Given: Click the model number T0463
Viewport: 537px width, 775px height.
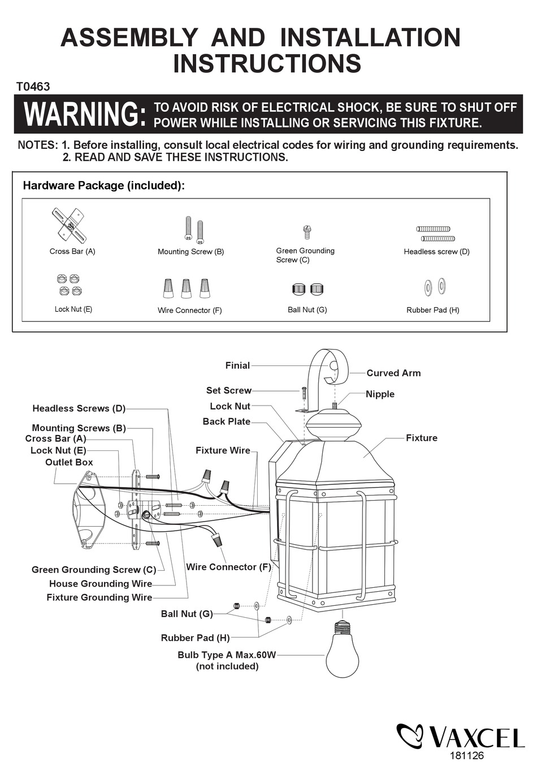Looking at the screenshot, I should (x=33, y=87).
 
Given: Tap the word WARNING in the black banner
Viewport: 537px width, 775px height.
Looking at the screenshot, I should (x=85, y=114).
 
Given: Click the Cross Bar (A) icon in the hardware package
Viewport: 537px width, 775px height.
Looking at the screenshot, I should (x=68, y=225).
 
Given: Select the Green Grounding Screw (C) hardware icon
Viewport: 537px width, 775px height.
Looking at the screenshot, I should (x=306, y=231).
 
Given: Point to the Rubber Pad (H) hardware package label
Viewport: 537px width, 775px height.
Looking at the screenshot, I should (x=432, y=310).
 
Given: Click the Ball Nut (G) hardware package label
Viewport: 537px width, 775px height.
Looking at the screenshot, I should (x=307, y=309).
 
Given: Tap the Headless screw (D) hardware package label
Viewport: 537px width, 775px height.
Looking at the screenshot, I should (x=436, y=252).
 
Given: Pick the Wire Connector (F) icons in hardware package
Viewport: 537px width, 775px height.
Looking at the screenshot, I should (x=187, y=288).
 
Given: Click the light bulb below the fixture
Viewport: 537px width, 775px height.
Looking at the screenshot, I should (x=343, y=651).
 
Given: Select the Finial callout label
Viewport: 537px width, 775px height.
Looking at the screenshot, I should (x=237, y=365).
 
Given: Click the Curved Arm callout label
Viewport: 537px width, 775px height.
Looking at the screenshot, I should (x=393, y=373).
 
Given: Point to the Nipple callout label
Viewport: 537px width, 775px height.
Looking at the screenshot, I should (x=380, y=394).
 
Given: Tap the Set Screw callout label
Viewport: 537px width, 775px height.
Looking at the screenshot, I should (x=228, y=390).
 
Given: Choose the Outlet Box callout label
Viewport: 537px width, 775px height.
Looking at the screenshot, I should (x=69, y=462).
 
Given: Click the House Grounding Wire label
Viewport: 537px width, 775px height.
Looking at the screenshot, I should (x=101, y=584).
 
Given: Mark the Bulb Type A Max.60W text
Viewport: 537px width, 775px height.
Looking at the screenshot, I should (x=227, y=655).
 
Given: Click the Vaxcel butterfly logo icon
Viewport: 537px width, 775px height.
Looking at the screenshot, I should (x=409, y=735).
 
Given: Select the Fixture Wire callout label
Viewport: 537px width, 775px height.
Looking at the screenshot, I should (x=223, y=450).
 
